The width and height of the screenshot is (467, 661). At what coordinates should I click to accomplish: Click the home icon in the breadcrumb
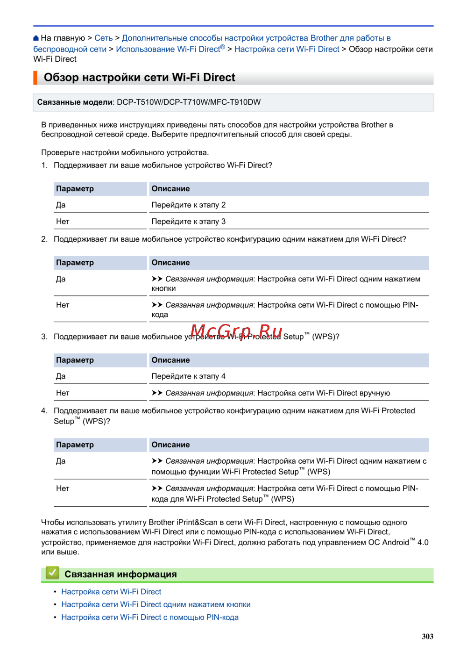point(36,38)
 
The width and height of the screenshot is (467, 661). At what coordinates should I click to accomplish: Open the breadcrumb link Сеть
point(103,38)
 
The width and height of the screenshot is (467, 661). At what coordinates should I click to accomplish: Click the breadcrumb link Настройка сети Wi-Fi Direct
point(287,49)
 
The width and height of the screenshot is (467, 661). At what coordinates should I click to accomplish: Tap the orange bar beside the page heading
point(35,78)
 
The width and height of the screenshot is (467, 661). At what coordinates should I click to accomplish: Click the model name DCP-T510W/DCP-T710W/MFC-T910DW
point(189,102)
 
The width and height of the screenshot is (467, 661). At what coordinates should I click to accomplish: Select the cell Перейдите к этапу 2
point(189,205)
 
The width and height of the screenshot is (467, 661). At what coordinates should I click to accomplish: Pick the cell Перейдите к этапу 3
point(189,222)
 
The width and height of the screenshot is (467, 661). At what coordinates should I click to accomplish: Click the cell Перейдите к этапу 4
point(189,376)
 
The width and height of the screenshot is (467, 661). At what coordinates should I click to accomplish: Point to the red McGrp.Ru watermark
point(236,331)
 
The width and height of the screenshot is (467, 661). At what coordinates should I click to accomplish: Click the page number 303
point(427,636)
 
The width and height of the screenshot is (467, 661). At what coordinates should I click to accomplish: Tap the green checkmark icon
point(52,573)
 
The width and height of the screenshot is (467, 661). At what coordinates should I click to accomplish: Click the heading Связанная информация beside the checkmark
point(120,575)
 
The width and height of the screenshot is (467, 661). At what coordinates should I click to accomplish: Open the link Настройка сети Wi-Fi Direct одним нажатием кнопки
point(156,604)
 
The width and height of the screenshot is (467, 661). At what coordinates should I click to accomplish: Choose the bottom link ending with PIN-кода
point(150,618)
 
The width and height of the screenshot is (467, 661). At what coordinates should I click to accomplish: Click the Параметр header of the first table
point(75,189)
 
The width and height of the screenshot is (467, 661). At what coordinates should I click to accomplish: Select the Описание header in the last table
point(170,445)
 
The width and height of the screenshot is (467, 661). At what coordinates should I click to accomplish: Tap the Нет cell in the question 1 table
point(63,222)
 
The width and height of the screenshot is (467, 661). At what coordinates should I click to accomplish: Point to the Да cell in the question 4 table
point(61,461)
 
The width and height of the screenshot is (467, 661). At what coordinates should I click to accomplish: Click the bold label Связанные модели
point(75,102)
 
